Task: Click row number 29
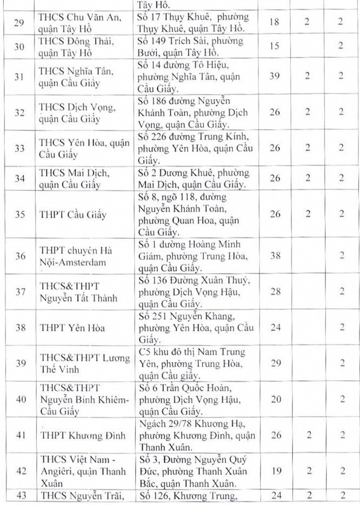pos(20,23)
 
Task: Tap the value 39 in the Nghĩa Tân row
pos(275,76)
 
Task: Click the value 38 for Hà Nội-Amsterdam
pos(275,256)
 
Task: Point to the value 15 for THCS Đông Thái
pos(275,46)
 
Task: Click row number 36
pos(20,256)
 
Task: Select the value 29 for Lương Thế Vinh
pos(275,363)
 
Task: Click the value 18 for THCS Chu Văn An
pos(275,23)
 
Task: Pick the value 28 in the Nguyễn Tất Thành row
pos(275,292)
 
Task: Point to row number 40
pos(20,400)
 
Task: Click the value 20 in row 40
pos(275,400)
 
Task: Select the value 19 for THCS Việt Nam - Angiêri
pos(275,471)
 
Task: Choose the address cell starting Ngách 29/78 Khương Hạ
pos(197,435)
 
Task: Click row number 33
pos(20,148)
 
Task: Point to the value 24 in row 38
pos(275,328)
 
